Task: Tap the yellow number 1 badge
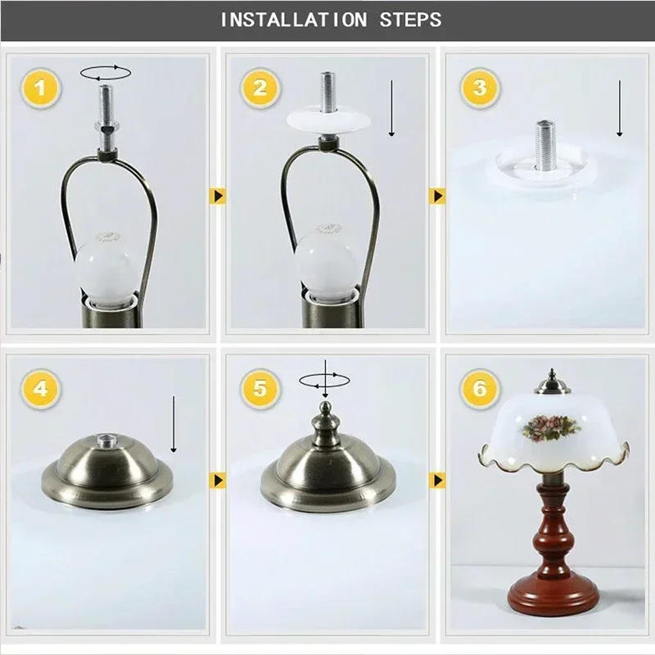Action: click(40, 88)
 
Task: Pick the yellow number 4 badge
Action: click(40, 388)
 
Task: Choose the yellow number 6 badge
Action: click(480, 388)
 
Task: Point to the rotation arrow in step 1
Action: click(106, 73)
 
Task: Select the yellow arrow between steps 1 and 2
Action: click(218, 196)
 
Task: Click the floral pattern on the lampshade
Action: click(549, 427)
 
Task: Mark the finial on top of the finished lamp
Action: click(553, 382)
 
